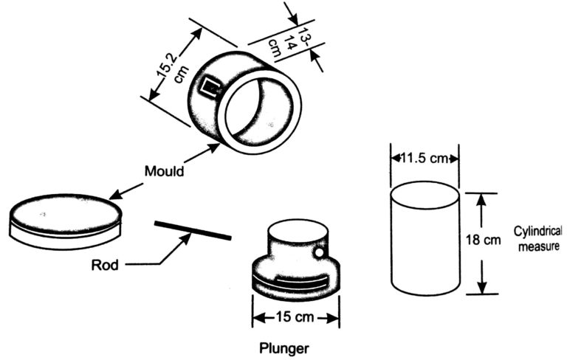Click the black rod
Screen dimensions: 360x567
[x=193, y=229]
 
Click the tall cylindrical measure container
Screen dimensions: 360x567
[x=425, y=240]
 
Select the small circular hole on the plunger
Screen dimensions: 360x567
[x=320, y=255]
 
